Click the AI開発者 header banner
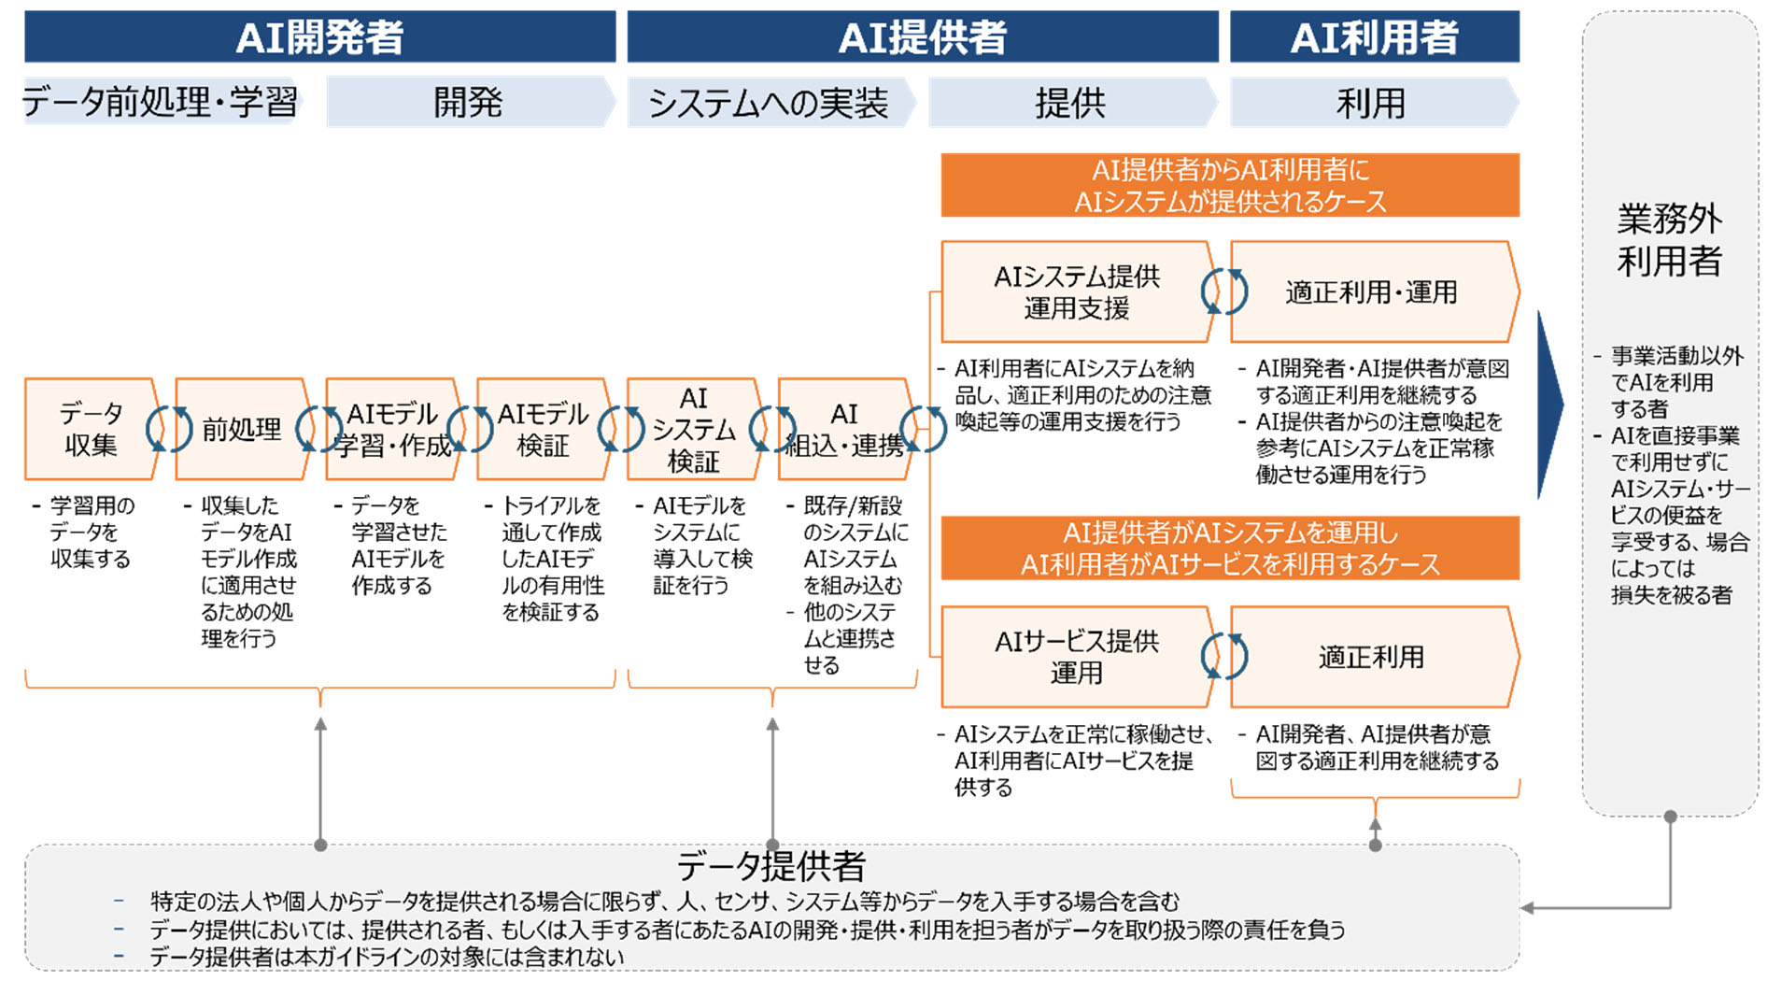319,37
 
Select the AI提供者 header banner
922,37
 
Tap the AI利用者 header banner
1374,37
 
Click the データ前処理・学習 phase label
160,102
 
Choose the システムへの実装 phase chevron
769,103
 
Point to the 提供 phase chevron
1070,103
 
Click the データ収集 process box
91,429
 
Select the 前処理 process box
242,429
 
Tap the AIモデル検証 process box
543,429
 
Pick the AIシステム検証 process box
693,429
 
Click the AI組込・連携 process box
844,429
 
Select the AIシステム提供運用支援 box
1076,291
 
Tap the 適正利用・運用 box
1371,291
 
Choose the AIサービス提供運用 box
1076,657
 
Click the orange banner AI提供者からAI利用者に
1229,185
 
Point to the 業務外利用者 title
1669,240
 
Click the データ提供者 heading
771,866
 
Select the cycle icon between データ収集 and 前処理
168,429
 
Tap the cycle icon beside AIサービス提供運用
1224,656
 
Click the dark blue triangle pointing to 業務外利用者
1549,405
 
